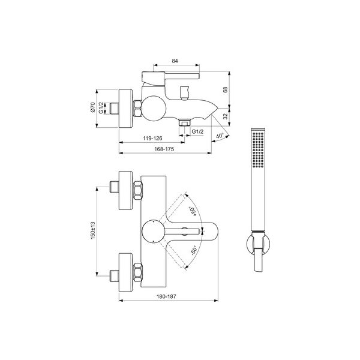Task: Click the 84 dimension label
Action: [175, 61]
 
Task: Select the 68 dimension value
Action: [225, 89]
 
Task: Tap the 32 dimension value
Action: [226, 116]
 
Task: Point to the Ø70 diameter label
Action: [92, 107]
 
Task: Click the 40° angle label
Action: [220, 136]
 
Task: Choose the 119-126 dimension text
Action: [152, 138]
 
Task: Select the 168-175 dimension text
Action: [164, 149]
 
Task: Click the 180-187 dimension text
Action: [166, 296]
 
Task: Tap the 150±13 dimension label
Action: [93, 230]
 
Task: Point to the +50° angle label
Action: [192, 211]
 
